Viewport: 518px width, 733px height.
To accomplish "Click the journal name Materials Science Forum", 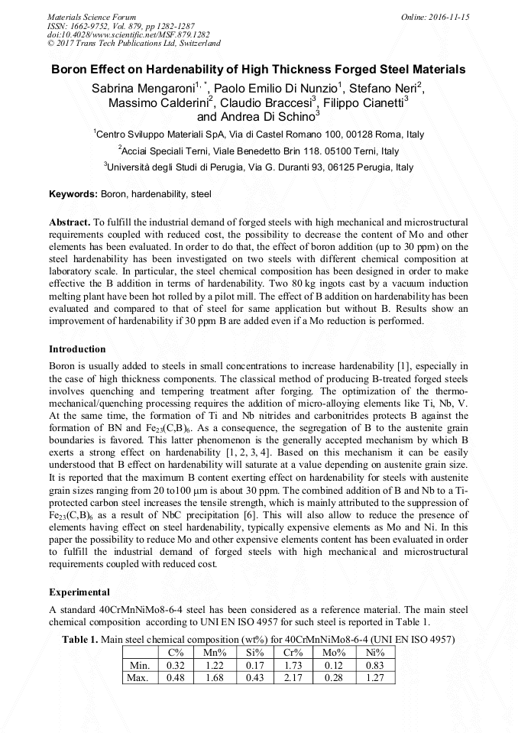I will point(92,17).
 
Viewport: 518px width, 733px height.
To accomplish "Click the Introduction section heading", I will point(77,349).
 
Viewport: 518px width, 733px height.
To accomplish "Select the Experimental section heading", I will point(79,592).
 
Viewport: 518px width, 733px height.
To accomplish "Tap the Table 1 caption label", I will point(79,640).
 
